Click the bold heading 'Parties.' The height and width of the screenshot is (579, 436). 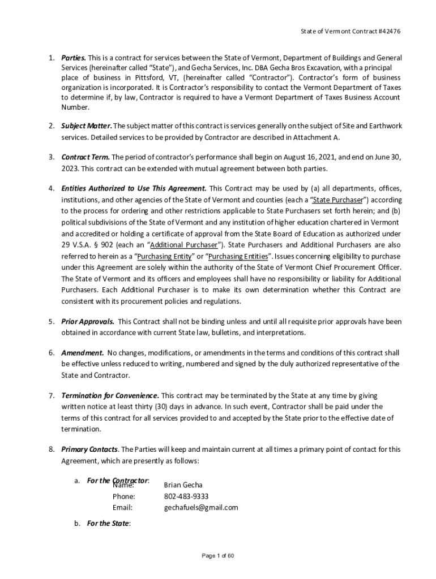coord(74,58)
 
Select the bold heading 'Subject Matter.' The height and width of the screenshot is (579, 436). coord(87,126)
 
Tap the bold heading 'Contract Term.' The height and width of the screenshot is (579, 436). coord(86,157)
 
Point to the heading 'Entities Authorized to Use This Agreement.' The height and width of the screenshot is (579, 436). coord(134,188)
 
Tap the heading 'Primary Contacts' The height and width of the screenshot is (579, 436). coord(89,450)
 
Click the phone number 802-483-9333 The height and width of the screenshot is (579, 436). coord(186,496)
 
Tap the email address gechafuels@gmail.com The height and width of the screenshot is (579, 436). coord(201,507)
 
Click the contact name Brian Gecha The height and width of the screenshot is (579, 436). coord(183,485)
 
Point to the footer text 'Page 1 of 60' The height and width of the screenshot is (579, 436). coord(218,556)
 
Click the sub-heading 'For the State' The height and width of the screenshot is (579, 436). coord(108,524)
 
